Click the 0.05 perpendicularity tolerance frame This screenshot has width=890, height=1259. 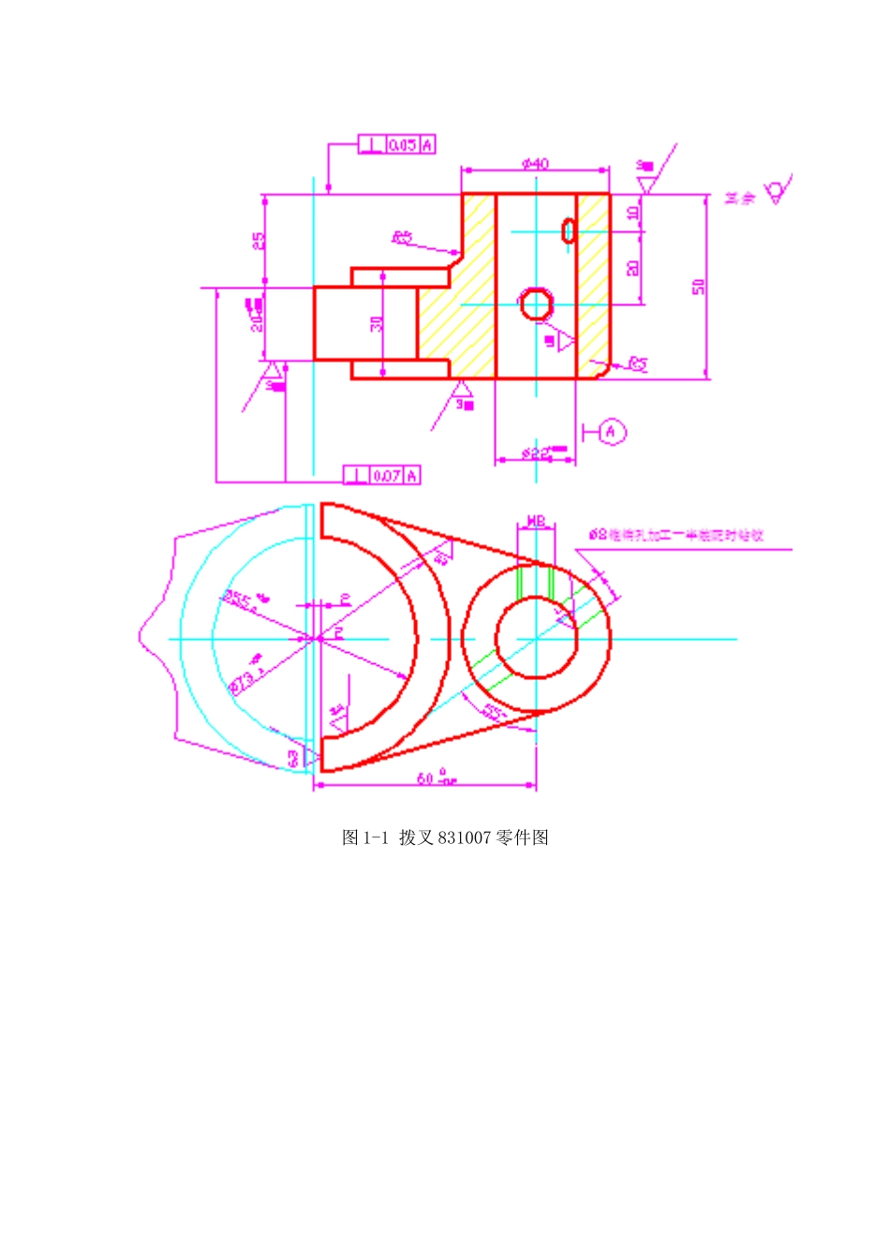point(397,144)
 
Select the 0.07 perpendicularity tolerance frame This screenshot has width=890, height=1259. point(382,475)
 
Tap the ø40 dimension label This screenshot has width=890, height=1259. point(535,163)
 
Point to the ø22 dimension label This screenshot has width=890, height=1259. point(535,453)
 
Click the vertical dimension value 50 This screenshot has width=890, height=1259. point(699,287)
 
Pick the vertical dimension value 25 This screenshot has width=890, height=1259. point(259,241)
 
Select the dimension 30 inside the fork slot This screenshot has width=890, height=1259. point(376,323)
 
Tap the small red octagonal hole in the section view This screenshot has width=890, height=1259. point(536,304)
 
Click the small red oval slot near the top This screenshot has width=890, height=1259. point(568,229)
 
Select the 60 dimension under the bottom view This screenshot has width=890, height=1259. point(426,778)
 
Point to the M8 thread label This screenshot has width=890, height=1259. point(536,520)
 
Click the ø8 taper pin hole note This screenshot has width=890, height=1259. point(675,535)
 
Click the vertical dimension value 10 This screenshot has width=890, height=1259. point(633,213)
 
